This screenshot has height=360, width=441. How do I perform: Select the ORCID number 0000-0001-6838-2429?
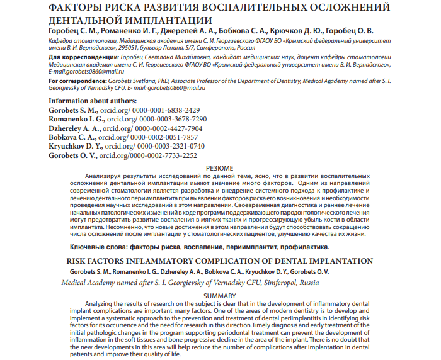pos(156,110)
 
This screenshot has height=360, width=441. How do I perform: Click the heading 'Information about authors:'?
pos(93,101)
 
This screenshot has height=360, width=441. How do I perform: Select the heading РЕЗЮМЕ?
pos(220,168)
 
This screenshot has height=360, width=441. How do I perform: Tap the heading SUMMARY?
pos(220,295)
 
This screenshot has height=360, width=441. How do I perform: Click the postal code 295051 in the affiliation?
pos(137,46)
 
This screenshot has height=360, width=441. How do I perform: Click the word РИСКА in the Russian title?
pos(120,8)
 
